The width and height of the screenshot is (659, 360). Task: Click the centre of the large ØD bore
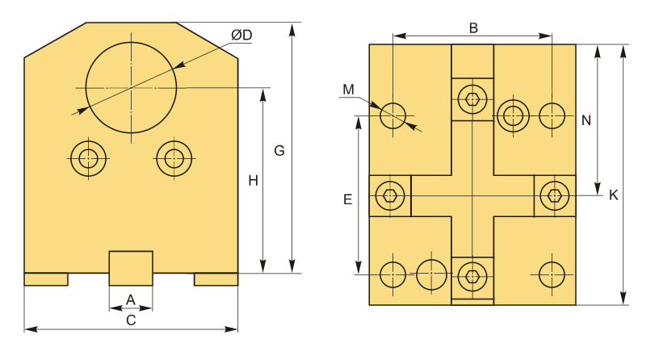(x=131, y=87)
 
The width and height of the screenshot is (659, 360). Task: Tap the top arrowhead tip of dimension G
(x=292, y=23)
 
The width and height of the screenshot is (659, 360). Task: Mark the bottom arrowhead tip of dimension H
(x=263, y=273)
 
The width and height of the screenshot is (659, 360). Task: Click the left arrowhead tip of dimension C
(x=25, y=329)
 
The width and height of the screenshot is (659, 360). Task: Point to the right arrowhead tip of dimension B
(x=552, y=36)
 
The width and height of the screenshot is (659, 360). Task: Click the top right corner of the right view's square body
(x=576, y=44)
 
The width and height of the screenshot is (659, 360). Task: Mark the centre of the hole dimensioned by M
(x=392, y=115)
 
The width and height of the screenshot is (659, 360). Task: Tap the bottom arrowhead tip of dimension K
(x=624, y=303)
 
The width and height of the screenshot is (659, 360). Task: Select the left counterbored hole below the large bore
(x=88, y=158)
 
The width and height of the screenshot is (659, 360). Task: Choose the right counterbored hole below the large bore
(x=174, y=158)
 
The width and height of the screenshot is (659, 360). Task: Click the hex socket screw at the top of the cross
(x=472, y=99)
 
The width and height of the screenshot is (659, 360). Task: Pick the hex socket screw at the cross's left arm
(x=390, y=196)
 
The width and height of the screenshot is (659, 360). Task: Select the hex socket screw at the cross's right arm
(x=555, y=196)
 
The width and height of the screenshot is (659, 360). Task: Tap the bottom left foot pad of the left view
(x=46, y=279)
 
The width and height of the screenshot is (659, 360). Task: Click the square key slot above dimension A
(x=131, y=269)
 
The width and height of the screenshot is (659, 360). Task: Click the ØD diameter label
(x=241, y=35)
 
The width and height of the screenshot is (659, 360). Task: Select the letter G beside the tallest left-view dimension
(x=279, y=150)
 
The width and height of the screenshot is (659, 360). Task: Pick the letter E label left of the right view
(x=347, y=199)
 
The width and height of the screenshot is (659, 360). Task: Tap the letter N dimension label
(x=586, y=120)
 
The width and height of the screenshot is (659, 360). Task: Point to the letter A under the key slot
(x=131, y=300)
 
